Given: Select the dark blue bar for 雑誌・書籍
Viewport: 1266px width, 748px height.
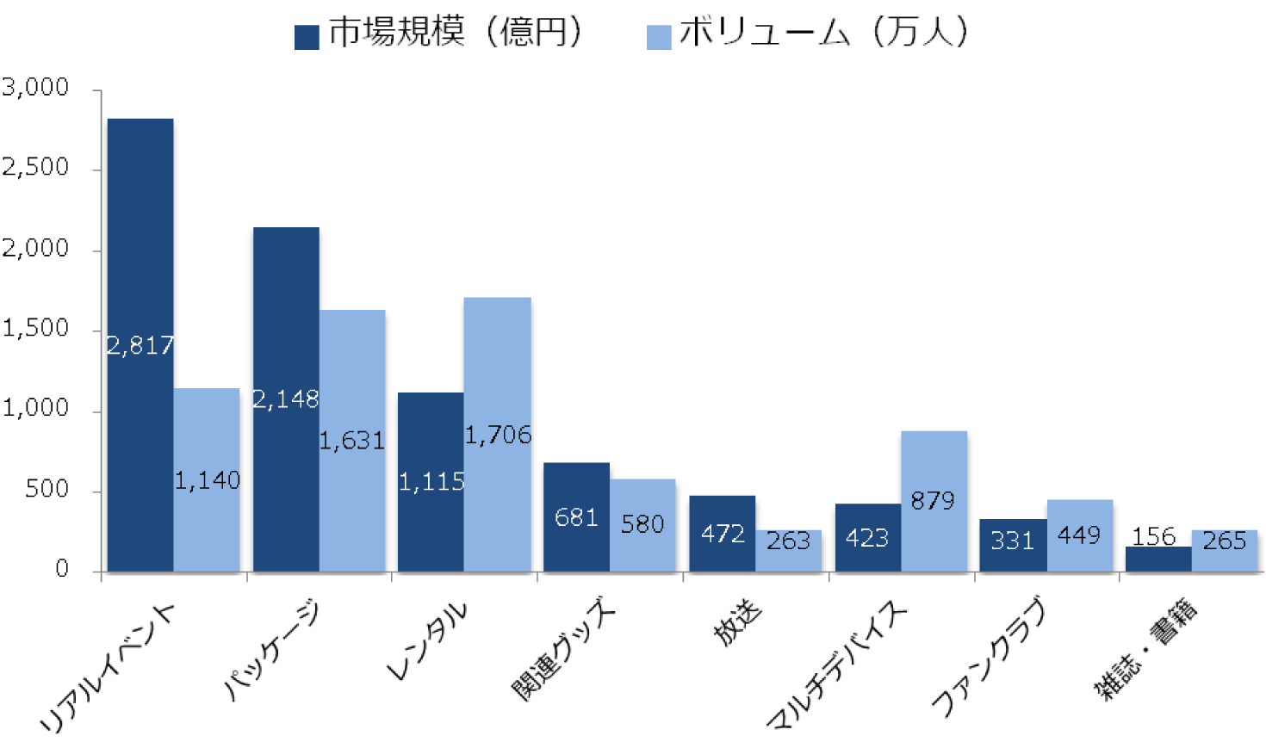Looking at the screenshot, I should (x=1158, y=559).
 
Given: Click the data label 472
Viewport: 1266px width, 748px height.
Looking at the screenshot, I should (x=723, y=534).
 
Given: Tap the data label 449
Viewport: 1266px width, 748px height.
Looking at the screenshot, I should (x=1079, y=535).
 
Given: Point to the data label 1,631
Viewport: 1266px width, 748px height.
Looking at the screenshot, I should (x=352, y=441).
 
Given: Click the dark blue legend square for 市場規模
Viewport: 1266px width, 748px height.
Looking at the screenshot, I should (x=307, y=37).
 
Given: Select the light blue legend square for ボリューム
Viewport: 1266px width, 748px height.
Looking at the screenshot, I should (x=659, y=37).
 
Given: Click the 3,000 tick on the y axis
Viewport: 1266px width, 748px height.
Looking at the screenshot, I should (x=35, y=87).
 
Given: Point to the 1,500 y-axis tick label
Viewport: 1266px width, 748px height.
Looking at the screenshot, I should (x=35, y=328).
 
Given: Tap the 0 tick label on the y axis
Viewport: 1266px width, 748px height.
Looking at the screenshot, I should (x=61, y=568).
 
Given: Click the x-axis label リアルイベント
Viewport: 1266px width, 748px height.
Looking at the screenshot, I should (x=108, y=668).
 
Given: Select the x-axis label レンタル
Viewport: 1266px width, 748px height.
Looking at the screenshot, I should (x=428, y=640).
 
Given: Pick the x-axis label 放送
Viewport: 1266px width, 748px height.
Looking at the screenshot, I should (x=738, y=621).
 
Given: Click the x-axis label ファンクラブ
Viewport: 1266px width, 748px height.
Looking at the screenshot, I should (x=989, y=656).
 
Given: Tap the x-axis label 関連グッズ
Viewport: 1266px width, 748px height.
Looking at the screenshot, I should (x=564, y=649).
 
